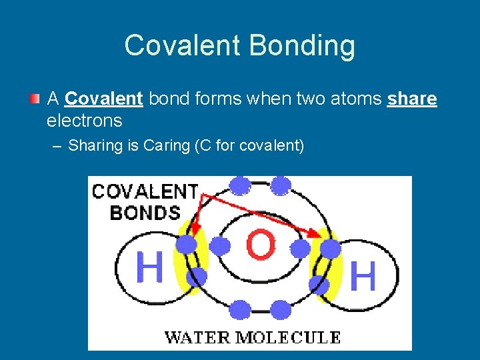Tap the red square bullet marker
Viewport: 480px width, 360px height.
coord(34,99)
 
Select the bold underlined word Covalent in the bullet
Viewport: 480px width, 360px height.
coord(104,99)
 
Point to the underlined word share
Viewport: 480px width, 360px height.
coord(412,99)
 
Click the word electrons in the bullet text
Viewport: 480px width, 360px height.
coord(84,121)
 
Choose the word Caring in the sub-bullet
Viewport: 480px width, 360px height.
coord(167,145)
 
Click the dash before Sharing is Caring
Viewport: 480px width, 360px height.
coord(58,145)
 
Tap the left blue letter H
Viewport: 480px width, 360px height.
coord(149,267)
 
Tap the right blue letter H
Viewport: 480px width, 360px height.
coord(363,275)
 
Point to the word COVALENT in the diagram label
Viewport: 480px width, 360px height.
coord(145,192)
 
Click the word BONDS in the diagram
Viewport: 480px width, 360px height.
coord(145,213)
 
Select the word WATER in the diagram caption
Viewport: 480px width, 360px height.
coord(196,337)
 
